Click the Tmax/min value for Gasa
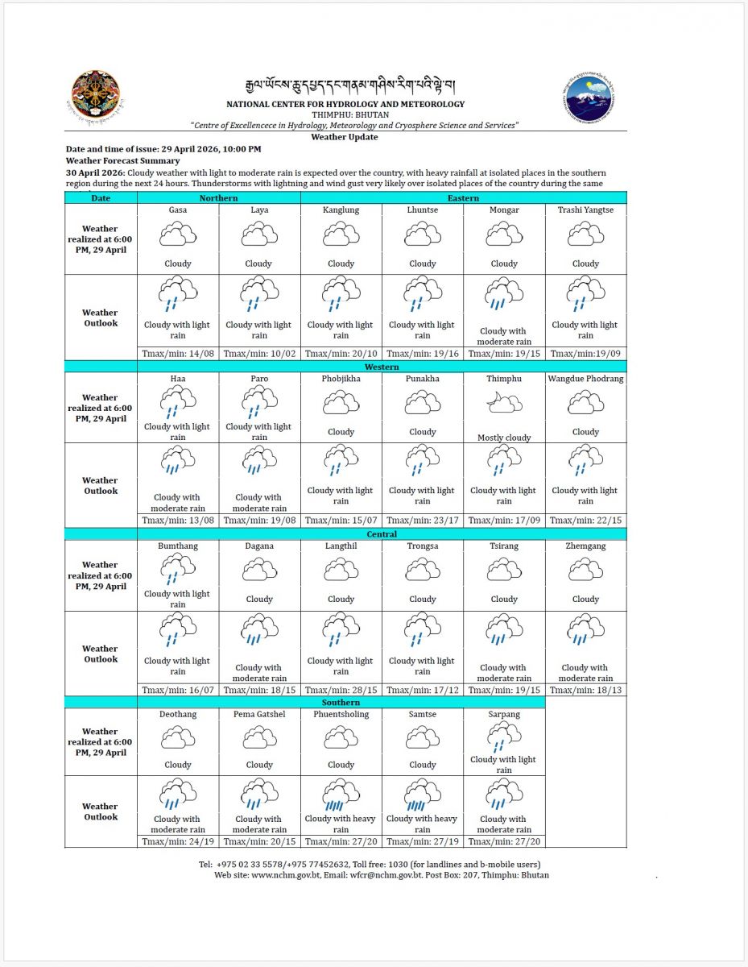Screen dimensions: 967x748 tap(178, 353)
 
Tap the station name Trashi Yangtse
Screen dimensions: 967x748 tap(585, 210)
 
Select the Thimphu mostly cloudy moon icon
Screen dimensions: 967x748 tap(504, 403)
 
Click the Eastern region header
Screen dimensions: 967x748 tap(463, 197)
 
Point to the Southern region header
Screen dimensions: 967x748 tap(341, 702)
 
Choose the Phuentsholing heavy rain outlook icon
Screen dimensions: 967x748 tap(341, 795)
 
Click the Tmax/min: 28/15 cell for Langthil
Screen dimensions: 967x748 tap(341, 690)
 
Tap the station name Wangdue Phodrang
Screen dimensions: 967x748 tap(585, 379)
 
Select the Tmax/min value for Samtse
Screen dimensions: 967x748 tap(423, 841)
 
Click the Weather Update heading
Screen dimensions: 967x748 tap(345, 137)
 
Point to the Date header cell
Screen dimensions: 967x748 tap(101, 197)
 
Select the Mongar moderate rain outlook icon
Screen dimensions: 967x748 tap(504, 296)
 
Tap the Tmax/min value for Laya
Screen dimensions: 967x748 tap(259, 353)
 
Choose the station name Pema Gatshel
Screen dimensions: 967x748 tap(259, 714)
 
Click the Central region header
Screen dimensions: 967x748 tap(381, 533)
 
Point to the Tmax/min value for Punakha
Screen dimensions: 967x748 tap(423, 521)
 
